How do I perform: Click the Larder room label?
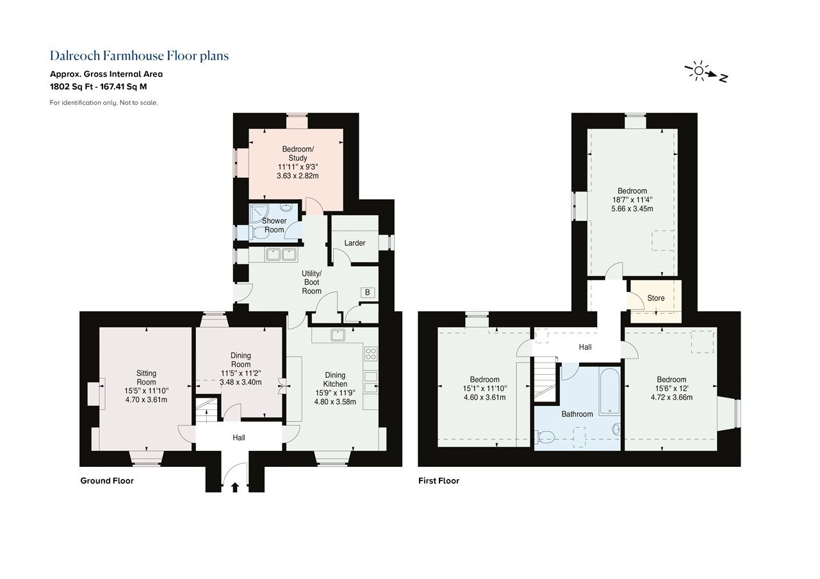354,243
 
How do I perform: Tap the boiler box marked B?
368,293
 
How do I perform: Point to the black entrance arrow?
235,487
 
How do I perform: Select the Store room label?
655,298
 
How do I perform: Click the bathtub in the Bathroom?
609,391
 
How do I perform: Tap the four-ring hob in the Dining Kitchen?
371,354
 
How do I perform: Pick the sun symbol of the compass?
698,71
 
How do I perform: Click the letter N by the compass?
723,78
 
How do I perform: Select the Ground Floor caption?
107,480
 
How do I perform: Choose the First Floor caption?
439,480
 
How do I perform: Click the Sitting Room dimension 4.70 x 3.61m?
146,400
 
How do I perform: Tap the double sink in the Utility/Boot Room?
281,254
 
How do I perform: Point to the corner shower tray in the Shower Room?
259,214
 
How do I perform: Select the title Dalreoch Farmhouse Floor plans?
139,56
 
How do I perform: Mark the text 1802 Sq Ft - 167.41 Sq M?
99,86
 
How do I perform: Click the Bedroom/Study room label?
298,154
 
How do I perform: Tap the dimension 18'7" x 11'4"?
632,200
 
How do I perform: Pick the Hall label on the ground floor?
239,437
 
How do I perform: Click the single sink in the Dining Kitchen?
338,334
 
